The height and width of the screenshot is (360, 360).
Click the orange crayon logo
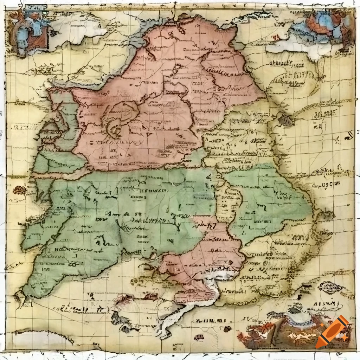(332, 332)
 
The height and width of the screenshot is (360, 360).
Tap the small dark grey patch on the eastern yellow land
(285, 120)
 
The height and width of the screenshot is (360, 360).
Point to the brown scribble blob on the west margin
(20, 190)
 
